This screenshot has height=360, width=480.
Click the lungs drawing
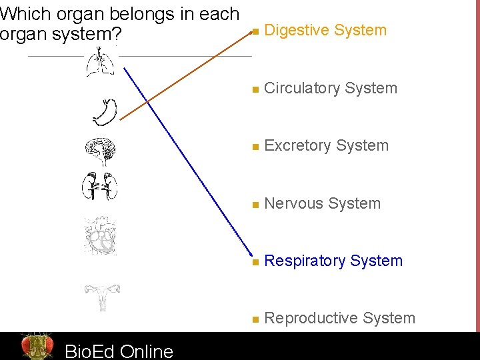coord(100,65)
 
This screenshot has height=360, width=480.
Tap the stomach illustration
coord(105,112)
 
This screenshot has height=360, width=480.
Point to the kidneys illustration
coord(100,186)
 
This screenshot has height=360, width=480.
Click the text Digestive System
coord(325,30)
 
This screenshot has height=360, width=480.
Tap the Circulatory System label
coord(331,88)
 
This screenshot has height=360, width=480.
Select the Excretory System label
coord(326,145)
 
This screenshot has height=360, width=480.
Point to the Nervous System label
coord(322,203)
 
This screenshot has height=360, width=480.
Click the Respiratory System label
coord(333,261)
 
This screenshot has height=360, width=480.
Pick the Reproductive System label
coord(339,319)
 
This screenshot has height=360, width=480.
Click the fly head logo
coord(37,346)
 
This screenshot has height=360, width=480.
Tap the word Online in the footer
coord(147,351)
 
